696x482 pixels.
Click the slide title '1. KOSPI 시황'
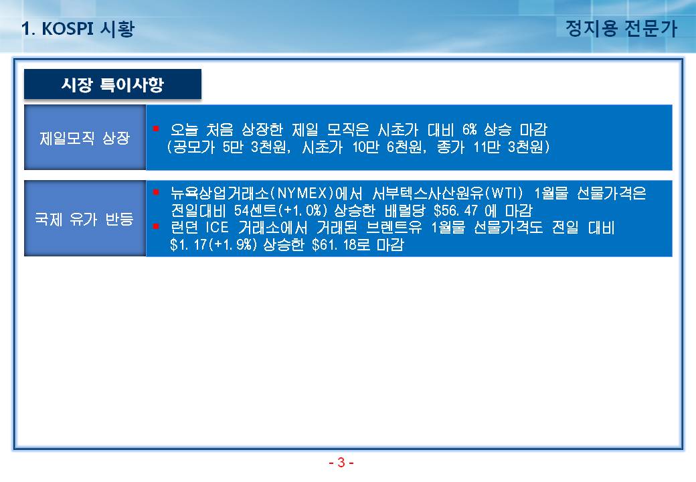(x=78, y=29)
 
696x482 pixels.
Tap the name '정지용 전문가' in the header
(x=621, y=28)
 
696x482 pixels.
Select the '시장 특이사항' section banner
(x=112, y=84)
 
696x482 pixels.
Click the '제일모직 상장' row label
(x=85, y=138)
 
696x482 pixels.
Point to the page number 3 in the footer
(x=341, y=463)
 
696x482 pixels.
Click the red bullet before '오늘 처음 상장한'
(x=156, y=129)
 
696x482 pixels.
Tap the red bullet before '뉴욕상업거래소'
(x=156, y=192)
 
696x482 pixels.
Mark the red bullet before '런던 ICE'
(x=156, y=226)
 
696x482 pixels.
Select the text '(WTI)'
(x=504, y=193)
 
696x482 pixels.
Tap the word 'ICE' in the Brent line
(x=217, y=228)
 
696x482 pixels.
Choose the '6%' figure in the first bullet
(x=469, y=130)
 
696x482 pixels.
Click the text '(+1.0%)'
(x=302, y=210)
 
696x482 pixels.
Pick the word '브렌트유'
(x=394, y=228)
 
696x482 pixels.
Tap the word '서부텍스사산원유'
(x=428, y=193)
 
